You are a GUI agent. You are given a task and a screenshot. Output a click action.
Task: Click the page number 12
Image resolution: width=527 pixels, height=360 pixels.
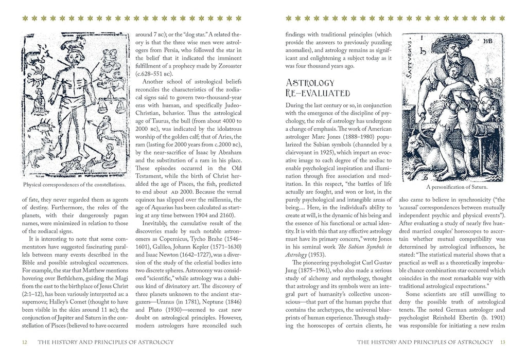pos(25,343)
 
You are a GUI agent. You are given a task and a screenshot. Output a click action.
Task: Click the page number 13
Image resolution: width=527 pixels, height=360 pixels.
pos(503,343)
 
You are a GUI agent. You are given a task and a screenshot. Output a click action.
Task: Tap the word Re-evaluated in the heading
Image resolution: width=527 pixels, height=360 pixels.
pos(318,93)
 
